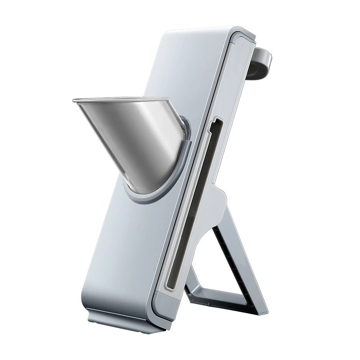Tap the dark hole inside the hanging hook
tap(255, 68)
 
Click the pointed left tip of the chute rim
tap(74, 101)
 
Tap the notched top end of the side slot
tap(216, 122)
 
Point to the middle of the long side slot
tap(193, 202)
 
